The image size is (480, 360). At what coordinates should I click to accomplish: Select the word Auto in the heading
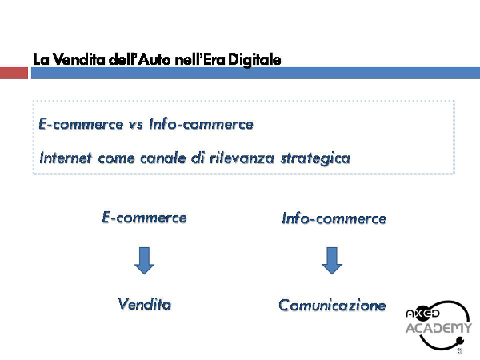point(154,59)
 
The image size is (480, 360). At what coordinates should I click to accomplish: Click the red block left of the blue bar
point(14,73)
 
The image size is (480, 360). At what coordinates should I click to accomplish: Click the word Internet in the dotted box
point(66,158)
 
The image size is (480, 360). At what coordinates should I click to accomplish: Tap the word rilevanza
point(242,158)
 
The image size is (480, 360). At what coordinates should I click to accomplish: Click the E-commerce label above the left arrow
point(144,218)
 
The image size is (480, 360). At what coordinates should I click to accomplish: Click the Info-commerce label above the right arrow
point(334,218)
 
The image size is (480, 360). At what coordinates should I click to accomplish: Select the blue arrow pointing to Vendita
point(144,261)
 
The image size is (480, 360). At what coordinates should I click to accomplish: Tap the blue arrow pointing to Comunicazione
point(332,261)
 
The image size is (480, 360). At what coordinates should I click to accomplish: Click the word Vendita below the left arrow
point(145,304)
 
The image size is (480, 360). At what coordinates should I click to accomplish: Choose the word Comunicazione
point(332,306)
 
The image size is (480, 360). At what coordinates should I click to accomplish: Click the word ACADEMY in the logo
point(438,328)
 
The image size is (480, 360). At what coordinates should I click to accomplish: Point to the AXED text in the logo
point(422,313)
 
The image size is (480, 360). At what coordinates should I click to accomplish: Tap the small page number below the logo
point(459,351)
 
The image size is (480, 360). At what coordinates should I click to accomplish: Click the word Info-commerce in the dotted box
point(201,124)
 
